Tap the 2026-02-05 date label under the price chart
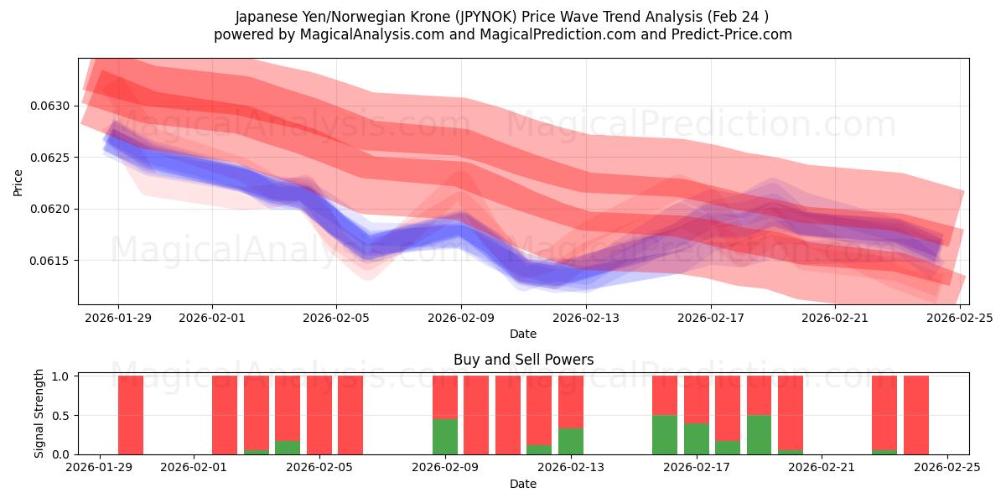[336, 318]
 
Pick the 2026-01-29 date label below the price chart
[117, 318]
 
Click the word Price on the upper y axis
[18, 182]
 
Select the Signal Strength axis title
[39, 414]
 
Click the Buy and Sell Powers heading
[523, 360]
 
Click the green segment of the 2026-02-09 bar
[445, 437]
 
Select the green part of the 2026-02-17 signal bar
[697, 438]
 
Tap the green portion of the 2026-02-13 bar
[571, 442]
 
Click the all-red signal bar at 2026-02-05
[319, 415]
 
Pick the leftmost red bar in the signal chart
[131, 415]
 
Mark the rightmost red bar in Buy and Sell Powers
[916, 415]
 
